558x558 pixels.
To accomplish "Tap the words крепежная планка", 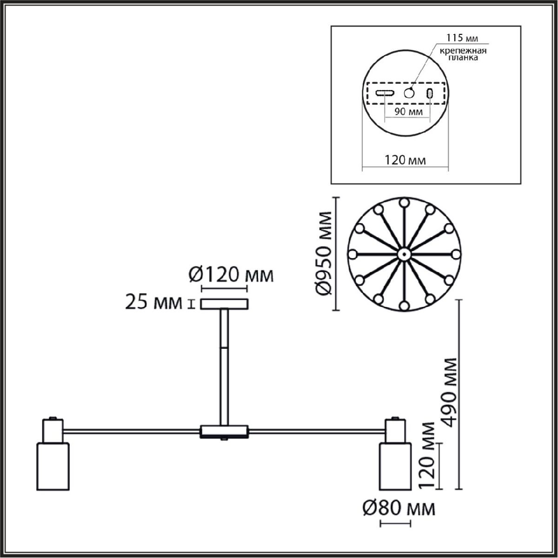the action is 463,54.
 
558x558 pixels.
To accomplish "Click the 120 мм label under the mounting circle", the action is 405,160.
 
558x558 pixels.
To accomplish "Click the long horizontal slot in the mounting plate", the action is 385,93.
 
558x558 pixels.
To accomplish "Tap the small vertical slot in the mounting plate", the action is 430,93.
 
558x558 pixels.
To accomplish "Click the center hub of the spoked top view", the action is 403,254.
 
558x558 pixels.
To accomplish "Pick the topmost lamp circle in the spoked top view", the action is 404,203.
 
